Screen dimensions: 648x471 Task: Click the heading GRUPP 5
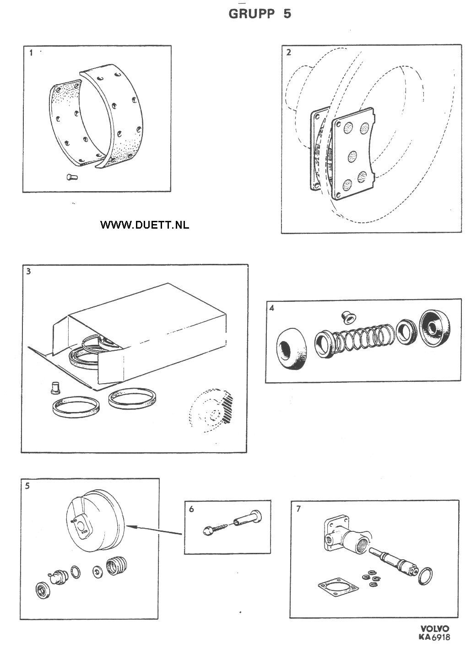(260, 14)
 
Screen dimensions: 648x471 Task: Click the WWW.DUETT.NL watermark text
(144, 225)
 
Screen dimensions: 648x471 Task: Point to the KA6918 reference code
(434, 637)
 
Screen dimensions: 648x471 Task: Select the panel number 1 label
(31, 53)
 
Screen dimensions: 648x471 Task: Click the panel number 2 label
(288, 52)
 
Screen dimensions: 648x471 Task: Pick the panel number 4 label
(272, 308)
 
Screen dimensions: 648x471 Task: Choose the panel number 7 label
(298, 509)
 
